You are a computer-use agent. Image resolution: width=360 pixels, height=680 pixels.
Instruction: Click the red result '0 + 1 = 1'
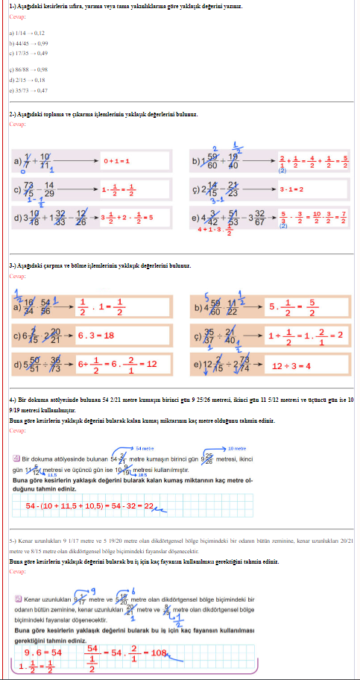click(x=116, y=160)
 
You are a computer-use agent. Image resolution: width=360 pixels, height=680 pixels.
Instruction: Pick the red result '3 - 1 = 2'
click(x=291, y=189)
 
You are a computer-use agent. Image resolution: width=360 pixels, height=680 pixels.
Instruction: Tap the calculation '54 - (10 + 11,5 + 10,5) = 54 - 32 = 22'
click(x=89, y=506)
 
